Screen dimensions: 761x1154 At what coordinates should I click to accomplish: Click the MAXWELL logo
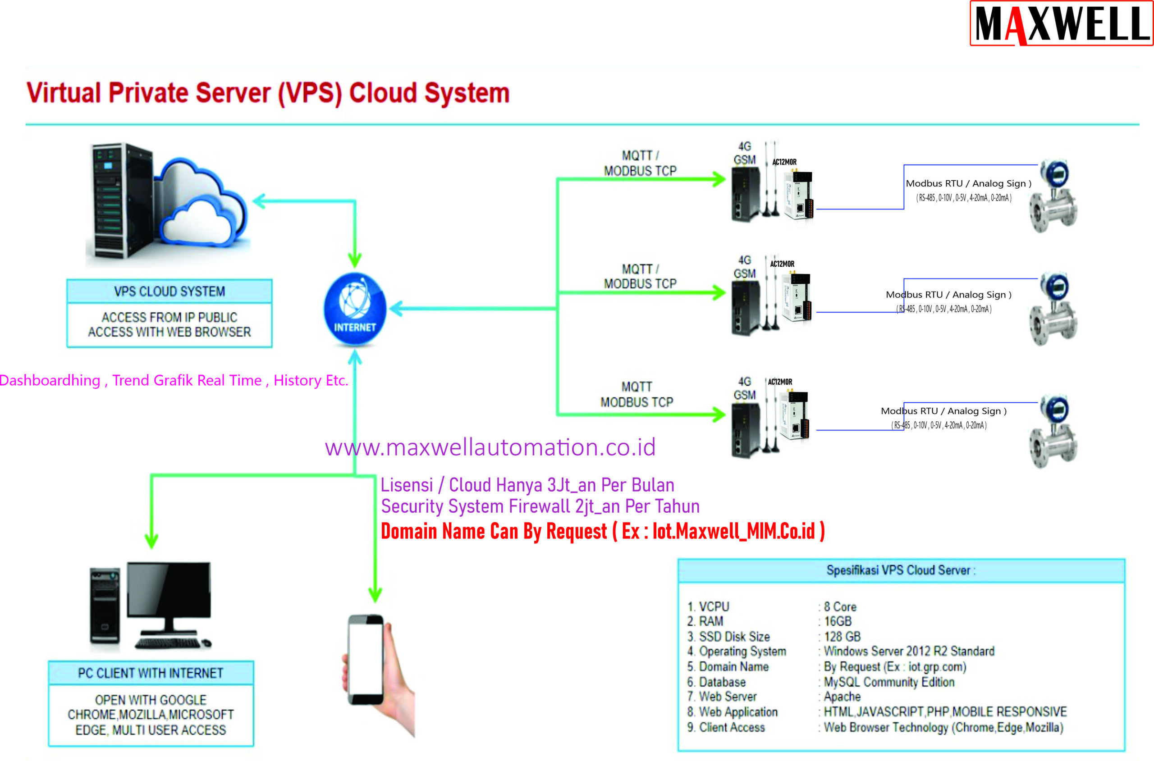(x=1061, y=23)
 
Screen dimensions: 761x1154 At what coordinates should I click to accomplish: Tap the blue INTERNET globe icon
(x=355, y=308)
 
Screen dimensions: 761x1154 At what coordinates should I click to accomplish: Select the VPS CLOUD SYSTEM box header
(x=169, y=291)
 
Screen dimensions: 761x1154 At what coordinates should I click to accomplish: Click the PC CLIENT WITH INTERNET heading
(x=151, y=673)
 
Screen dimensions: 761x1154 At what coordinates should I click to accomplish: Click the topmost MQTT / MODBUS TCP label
(x=640, y=163)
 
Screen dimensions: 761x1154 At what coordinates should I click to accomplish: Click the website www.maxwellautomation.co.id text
(x=490, y=447)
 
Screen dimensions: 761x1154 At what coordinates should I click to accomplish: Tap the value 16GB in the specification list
(x=838, y=621)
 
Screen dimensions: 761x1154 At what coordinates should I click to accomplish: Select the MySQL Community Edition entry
(x=889, y=682)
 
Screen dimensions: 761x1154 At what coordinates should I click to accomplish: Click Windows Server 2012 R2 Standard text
(x=909, y=652)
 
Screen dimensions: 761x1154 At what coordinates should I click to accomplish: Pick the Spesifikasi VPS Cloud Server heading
(x=901, y=570)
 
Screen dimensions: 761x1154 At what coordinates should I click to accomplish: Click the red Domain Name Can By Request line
(x=602, y=531)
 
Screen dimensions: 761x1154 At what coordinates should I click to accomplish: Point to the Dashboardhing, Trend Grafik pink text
(x=174, y=380)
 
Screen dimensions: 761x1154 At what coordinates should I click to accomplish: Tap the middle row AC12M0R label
(x=782, y=264)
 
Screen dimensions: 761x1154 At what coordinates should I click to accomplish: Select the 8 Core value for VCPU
(x=840, y=606)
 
